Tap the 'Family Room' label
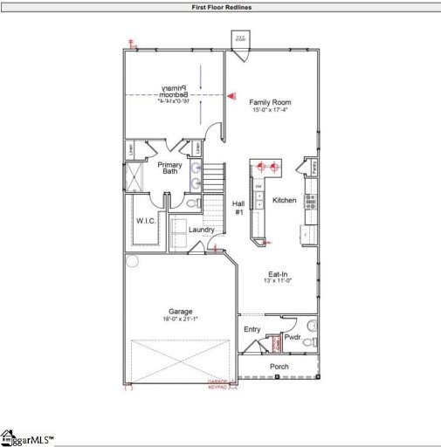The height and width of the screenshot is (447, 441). [x=269, y=102]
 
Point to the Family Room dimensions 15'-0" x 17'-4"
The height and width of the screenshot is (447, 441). [x=269, y=110]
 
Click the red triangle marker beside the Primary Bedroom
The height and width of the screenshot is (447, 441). [x=231, y=96]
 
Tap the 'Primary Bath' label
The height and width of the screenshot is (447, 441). [x=169, y=168]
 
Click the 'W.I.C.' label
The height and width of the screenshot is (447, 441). [x=145, y=221]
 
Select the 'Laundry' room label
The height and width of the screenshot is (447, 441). [x=202, y=230]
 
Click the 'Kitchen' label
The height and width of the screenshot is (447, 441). [x=285, y=200]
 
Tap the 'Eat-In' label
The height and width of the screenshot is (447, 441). [x=278, y=273]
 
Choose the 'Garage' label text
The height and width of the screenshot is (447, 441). [x=181, y=312]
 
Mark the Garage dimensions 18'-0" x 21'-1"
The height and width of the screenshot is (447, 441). [x=181, y=320]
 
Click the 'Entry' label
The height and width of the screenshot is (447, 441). [x=252, y=329]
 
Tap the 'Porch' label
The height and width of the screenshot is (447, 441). [x=279, y=367]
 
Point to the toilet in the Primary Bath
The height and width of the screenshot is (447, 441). [x=194, y=203]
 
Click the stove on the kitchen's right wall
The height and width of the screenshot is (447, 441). [x=310, y=200]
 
